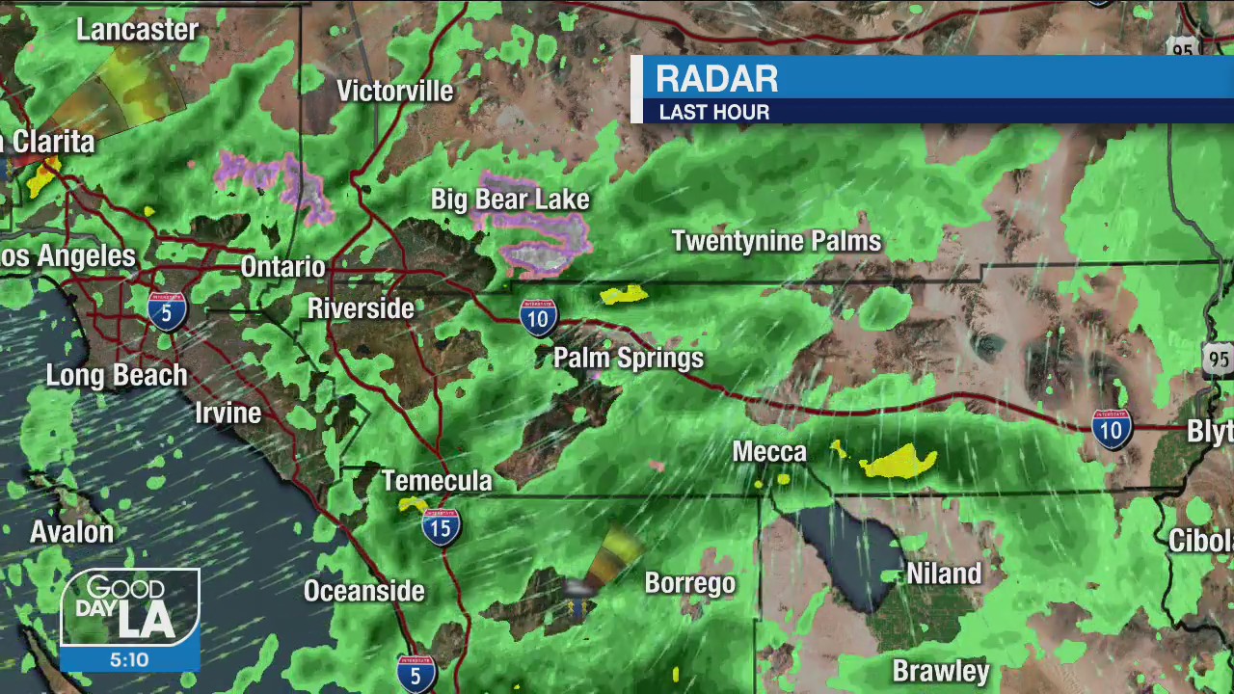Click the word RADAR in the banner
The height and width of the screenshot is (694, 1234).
[716, 80]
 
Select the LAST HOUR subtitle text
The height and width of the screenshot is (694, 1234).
[713, 113]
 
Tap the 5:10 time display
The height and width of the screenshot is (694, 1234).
[129, 660]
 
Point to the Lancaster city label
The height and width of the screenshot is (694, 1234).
[137, 30]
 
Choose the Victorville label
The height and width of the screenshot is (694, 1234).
[394, 91]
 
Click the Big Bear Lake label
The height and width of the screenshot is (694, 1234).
[509, 200]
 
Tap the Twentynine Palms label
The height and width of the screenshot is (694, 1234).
[776, 241]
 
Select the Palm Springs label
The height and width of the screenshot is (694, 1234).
[629, 359]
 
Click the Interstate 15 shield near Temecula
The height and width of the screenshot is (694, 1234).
[441, 526]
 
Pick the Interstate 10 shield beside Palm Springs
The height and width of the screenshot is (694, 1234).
[538, 317]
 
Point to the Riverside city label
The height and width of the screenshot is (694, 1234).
[361, 308]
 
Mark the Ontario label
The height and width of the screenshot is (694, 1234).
[282, 267]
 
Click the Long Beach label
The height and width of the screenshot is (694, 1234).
[117, 375]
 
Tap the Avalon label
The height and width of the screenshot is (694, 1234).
[71, 531]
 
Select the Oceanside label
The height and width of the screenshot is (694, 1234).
[363, 591]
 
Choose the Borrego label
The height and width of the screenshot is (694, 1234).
[689, 583]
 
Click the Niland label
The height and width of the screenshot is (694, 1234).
[944, 574]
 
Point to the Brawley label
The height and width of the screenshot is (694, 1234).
[940, 671]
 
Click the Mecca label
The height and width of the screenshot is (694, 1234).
[768, 452]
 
